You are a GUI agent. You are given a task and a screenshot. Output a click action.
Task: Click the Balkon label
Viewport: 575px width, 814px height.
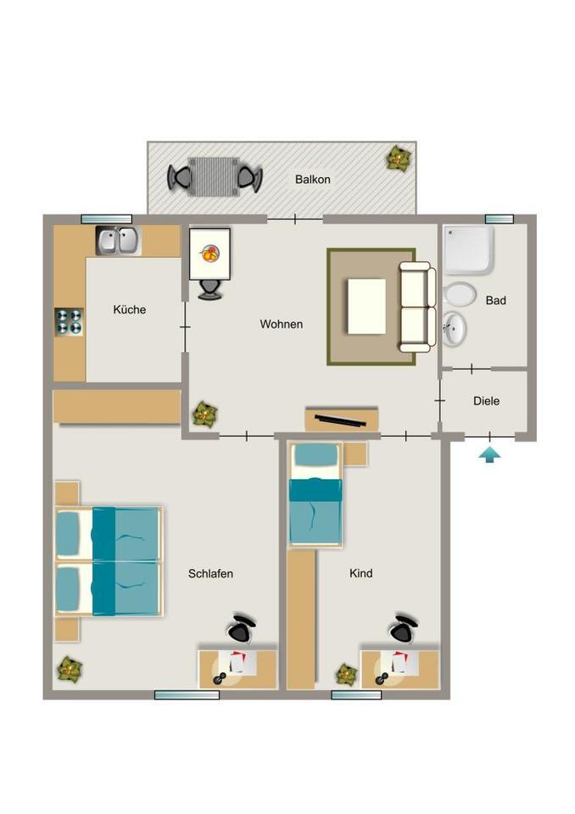312,179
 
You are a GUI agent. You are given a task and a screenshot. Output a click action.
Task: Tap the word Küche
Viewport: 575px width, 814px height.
130,309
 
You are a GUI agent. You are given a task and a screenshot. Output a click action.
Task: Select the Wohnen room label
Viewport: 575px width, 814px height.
281,324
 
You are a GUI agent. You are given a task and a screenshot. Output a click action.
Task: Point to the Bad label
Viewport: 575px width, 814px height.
495,300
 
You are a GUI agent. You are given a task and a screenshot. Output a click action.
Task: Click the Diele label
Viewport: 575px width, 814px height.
486,401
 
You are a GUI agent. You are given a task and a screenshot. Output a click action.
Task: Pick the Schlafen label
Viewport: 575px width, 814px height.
210,574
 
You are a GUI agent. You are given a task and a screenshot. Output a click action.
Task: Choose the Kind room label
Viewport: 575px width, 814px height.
360,573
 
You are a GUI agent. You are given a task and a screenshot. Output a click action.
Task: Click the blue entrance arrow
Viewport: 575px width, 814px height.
489,455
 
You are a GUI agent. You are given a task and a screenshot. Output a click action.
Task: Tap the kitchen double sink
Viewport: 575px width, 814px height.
119,241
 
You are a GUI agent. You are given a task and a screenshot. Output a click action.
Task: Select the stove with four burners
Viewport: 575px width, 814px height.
69,322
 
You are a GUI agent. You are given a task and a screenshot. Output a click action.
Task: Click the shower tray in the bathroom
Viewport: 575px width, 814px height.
468,249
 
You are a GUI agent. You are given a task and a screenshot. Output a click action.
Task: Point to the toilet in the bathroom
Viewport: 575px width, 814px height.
459,294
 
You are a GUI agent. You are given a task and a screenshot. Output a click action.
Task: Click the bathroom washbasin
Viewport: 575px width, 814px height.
455,328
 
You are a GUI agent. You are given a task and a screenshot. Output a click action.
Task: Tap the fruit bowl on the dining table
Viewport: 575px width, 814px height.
209,254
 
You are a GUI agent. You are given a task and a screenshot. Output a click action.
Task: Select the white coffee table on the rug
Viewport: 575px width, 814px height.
366,306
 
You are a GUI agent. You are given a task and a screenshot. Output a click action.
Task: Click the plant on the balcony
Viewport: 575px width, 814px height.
399,159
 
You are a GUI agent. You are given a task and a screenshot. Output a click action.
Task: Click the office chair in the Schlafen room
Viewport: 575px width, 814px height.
241,628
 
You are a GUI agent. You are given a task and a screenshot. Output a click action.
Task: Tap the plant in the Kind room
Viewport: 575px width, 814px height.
347,674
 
